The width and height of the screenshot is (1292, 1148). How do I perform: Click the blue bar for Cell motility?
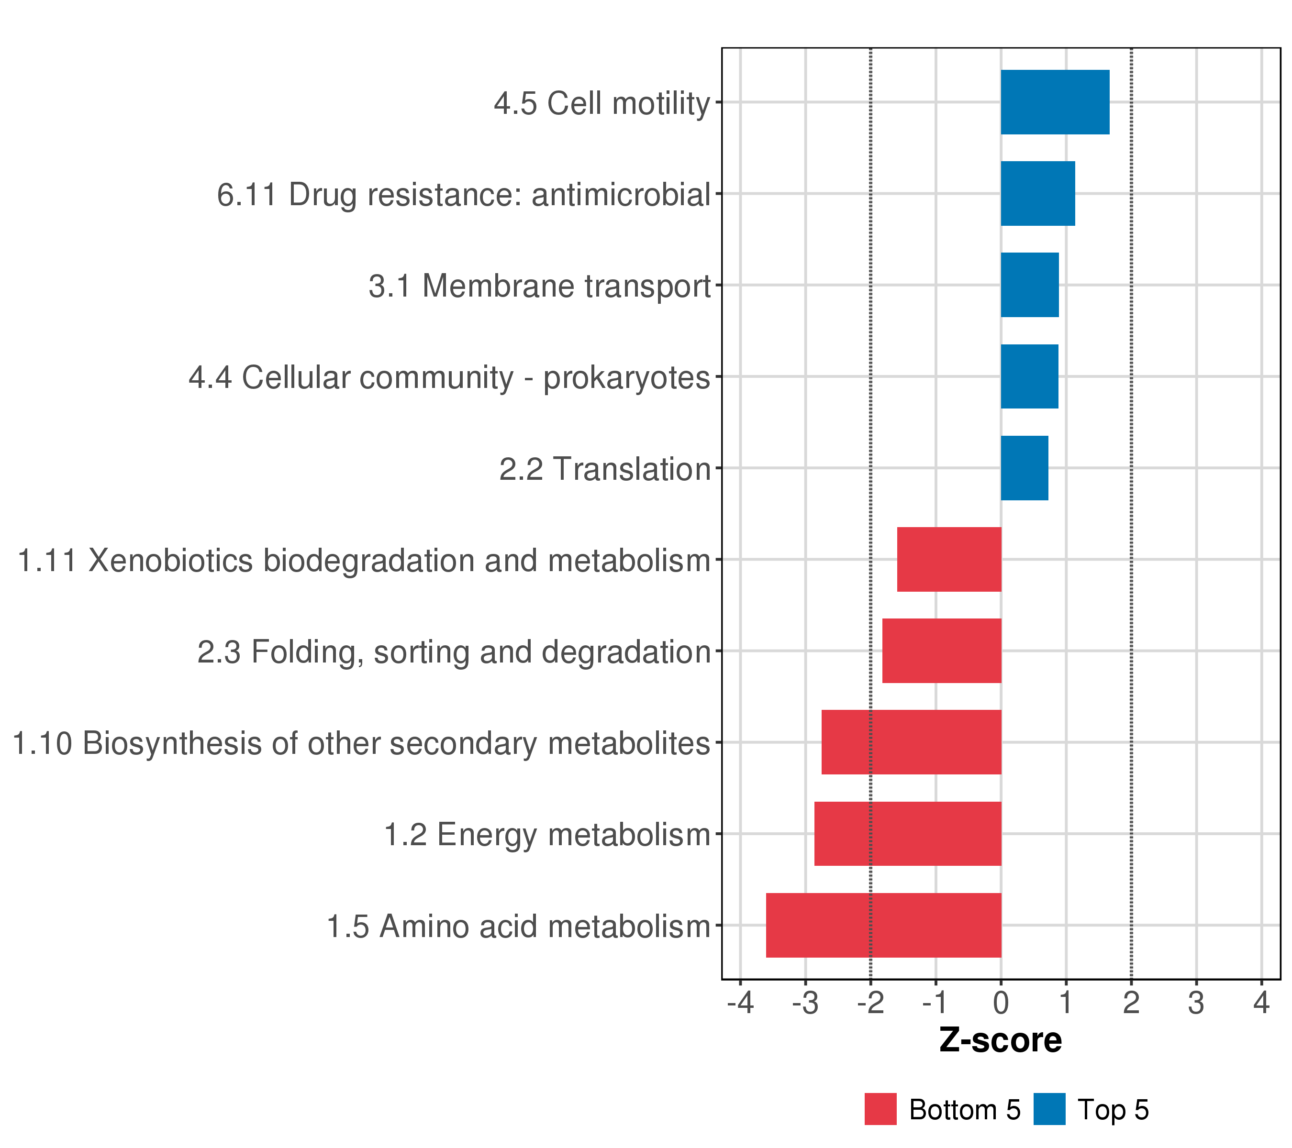click(x=1055, y=102)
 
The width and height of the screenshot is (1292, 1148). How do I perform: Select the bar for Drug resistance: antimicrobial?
click(x=1038, y=193)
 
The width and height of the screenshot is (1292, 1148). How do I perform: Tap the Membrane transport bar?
click(x=1030, y=285)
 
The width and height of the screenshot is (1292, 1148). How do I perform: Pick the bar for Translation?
click(x=1025, y=468)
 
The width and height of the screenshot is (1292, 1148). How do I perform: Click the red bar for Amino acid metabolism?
click(x=884, y=925)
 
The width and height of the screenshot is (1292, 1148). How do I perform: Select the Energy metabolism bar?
click(x=908, y=834)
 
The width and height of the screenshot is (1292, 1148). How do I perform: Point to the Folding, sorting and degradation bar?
click(x=942, y=651)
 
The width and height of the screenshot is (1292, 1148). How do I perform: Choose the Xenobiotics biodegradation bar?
click(x=949, y=559)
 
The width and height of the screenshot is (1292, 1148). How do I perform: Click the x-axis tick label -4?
click(x=741, y=1004)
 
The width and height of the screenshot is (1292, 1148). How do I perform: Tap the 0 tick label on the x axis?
click(x=1001, y=1004)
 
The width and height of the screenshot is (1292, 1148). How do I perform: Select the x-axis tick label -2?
click(x=871, y=1004)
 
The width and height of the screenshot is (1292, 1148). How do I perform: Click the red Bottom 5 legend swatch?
click(x=880, y=1109)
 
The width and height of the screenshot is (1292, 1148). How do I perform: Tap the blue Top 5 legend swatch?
click(x=1050, y=1109)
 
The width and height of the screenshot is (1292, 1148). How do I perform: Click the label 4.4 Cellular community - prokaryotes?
click(x=449, y=378)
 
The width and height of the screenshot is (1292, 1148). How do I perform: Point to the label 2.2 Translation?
click(x=605, y=469)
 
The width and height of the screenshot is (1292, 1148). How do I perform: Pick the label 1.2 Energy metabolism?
click(x=547, y=835)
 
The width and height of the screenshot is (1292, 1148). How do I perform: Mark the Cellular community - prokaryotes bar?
click(x=1030, y=376)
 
